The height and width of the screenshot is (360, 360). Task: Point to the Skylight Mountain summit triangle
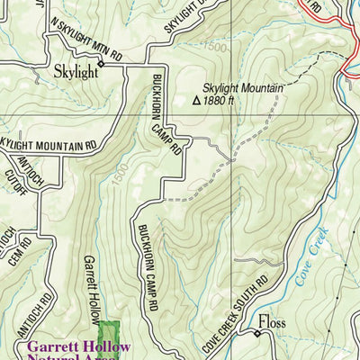pyautogui.click(x=197, y=102)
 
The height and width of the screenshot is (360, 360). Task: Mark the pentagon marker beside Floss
pyautogui.click(x=256, y=334)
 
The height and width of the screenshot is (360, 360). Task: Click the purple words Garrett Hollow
pyautogui.click(x=79, y=346)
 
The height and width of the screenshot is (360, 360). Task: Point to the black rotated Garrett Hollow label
pyautogui.click(x=90, y=288)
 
